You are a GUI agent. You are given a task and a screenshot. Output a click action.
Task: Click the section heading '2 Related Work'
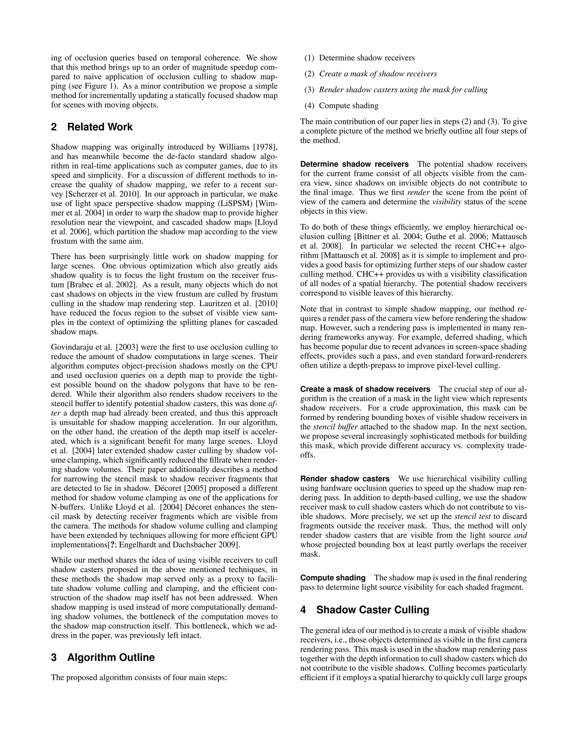92,127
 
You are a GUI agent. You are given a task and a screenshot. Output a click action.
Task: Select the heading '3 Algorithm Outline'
103,657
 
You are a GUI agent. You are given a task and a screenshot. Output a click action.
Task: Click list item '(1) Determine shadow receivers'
360,58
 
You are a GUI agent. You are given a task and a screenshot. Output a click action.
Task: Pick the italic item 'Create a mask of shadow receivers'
378,74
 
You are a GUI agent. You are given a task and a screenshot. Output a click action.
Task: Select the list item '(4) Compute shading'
341,106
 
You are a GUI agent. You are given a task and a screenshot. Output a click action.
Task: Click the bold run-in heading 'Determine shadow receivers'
354,164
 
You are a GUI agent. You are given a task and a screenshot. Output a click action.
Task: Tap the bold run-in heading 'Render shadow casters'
345,479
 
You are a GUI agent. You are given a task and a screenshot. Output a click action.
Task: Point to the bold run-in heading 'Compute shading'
333,578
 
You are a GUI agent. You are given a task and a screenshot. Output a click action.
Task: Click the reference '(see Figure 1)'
93,86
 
